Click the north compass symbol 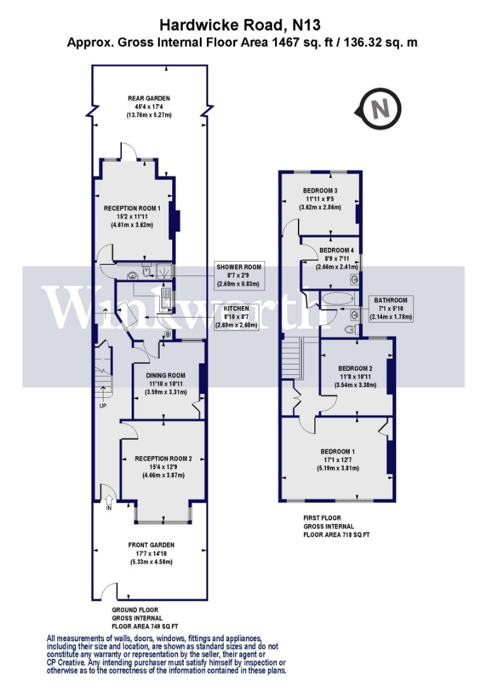(x=378, y=109)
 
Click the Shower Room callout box (x=238, y=275)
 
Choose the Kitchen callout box (x=236, y=317)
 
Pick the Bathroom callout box (x=390, y=308)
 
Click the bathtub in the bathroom (x=337, y=299)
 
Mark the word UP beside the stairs (x=103, y=405)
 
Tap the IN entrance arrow (x=109, y=502)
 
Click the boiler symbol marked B (x=167, y=335)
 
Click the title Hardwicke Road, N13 (x=240, y=25)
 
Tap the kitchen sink (x=166, y=299)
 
